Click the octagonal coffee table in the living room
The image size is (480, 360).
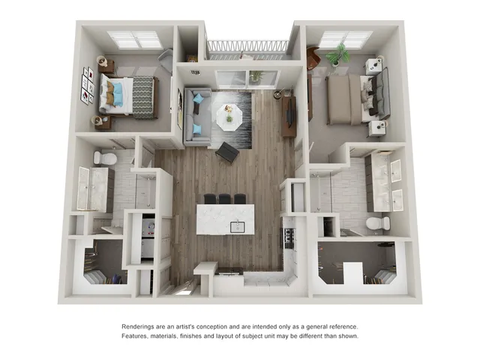click(x=229, y=115)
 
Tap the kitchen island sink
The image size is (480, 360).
click(x=236, y=226)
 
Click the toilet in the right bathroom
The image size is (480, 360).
click(x=378, y=223)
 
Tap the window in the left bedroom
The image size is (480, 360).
click(x=135, y=39)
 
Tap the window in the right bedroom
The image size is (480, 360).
click(x=346, y=39)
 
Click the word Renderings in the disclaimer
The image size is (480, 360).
click(x=142, y=327)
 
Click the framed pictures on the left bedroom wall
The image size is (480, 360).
click(x=88, y=85)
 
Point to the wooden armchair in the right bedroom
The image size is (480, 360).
click(x=313, y=58)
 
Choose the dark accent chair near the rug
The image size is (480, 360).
click(x=226, y=152)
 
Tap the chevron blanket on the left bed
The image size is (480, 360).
click(x=142, y=97)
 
